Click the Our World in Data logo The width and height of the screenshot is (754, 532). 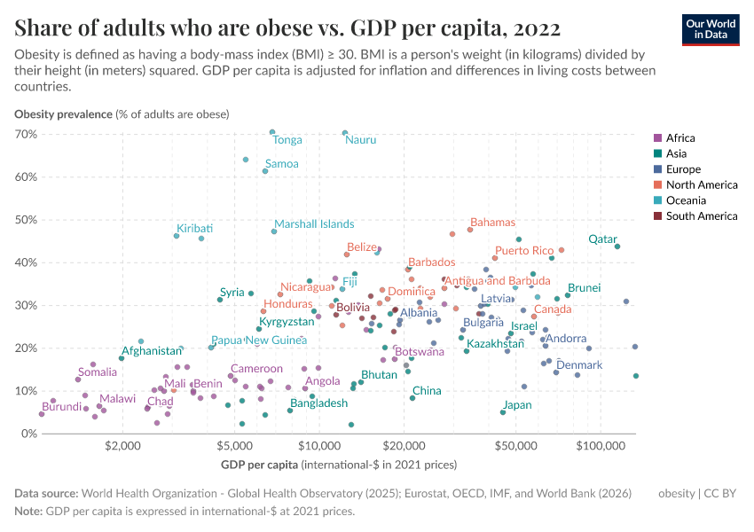coord(711,28)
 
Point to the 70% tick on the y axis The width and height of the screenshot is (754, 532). coord(24,134)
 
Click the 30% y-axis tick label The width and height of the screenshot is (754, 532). coord(24,305)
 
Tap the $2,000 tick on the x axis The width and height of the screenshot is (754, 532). coord(122,447)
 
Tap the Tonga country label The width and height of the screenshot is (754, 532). coord(287,140)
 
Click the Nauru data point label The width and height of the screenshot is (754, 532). coord(360,140)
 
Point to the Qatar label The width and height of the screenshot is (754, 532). coord(602,239)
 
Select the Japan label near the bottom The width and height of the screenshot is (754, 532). coord(517,405)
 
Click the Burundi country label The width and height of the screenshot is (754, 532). coord(62,407)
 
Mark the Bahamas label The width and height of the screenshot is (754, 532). coord(492,223)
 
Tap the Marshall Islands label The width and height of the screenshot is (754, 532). coord(314,224)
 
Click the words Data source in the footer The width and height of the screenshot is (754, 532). coord(46,493)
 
